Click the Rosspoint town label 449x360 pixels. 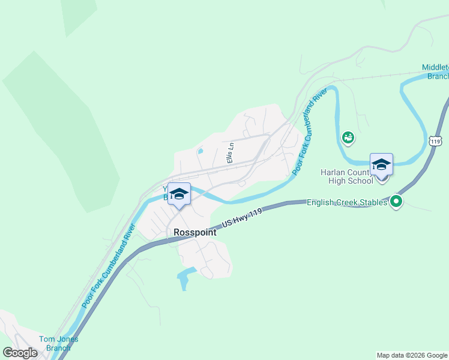point(194,232)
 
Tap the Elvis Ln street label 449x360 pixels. point(229,153)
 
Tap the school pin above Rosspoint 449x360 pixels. point(179,194)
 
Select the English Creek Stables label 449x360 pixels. point(347,203)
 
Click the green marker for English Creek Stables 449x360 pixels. point(396,202)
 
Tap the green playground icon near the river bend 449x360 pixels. point(348,138)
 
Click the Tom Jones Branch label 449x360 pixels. point(58,343)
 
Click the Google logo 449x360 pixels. point(20,353)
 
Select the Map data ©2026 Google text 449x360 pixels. point(412,355)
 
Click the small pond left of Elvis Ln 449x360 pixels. point(200,151)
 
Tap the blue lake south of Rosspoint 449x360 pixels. point(186,276)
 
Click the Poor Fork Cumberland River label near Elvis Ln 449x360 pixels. point(312,131)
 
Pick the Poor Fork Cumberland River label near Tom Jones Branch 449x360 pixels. point(107,265)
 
